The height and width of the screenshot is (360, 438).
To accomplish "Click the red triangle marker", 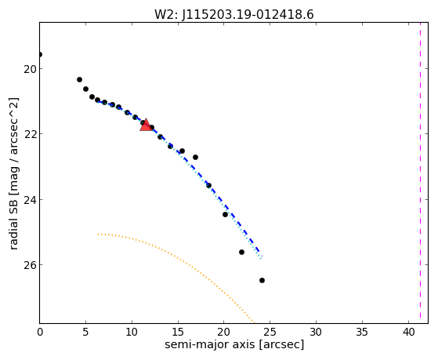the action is pyautogui.click(x=146, y=125).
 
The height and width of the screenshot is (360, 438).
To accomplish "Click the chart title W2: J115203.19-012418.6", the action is pyautogui.click(x=234, y=15).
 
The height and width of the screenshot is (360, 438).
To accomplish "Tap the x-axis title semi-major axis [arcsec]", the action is pyautogui.click(x=234, y=344).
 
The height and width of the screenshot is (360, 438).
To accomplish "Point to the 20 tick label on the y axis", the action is pyautogui.click(x=30, y=69).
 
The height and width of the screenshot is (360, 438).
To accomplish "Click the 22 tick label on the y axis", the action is pyautogui.click(x=30, y=134).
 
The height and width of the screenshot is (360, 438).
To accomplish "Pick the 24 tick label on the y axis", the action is pyautogui.click(x=30, y=200).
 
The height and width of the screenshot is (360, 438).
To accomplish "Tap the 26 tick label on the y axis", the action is pyautogui.click(x=30, y=265).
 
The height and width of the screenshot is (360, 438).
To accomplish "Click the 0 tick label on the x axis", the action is pyautogui.click(x=40, y=333).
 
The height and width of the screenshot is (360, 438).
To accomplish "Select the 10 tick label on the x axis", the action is pyautogui.click(x=132, y=333).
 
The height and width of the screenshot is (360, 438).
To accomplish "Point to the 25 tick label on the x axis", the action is pyautogui.click(x=270, y=333).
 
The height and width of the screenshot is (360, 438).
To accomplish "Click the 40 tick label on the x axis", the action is pyautogui.click(x=408, y=333).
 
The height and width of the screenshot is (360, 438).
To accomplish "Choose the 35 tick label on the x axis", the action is pyautogui.click(x=362, y=333).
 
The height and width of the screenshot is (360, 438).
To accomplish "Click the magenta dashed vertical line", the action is pyautogui.click(x=420, y=173).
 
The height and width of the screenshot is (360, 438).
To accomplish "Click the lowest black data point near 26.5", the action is pyautogui.click(x=262, y=280).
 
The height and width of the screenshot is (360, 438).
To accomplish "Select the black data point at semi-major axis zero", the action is pyautogui.click(x=40, y=55).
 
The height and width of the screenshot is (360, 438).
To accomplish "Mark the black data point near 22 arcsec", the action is pyautogui.click(x=241, y=252).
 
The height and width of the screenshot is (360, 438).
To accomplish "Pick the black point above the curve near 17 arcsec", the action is pyautogui.click(x=196, y=157).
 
